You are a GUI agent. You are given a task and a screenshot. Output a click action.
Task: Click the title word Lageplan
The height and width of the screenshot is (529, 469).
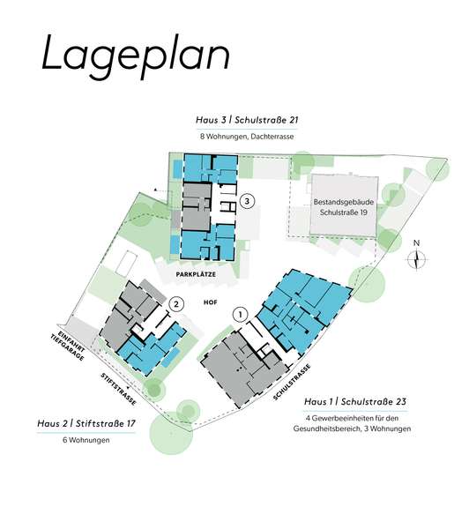(137, 56)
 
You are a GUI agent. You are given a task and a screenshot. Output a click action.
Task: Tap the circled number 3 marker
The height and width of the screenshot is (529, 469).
(248, 201)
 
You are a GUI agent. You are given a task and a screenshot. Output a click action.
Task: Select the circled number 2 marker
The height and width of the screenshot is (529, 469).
(175, 305)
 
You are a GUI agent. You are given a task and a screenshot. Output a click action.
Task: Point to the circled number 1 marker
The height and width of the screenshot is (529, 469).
(241, 315)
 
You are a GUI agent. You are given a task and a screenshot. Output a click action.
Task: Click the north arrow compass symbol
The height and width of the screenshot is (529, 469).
(417, 260)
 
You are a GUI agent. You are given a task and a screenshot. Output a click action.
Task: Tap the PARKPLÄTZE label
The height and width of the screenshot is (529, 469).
(196, 274)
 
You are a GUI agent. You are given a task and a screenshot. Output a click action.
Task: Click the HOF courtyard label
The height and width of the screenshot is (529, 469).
(210, 302)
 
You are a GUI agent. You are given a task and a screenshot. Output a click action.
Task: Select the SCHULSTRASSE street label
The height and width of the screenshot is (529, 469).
(292, 383)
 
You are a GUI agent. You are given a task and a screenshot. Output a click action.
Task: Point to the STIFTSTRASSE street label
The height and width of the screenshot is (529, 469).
(119, 389)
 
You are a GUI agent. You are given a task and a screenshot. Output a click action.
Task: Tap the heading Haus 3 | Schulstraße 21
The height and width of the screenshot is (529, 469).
(247, 120)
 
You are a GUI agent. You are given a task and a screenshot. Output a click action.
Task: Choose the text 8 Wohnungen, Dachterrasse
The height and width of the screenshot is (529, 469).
(247, 137)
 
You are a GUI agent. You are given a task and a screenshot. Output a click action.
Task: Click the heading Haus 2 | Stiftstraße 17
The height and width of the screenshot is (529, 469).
(86, 423)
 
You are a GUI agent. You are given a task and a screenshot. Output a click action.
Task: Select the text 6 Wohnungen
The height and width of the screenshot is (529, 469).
(86, 440)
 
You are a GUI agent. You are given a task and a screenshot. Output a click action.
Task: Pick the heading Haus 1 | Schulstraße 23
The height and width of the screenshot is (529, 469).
(355, 402)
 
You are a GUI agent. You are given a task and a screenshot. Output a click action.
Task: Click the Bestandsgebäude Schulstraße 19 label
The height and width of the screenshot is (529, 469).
(344, 207)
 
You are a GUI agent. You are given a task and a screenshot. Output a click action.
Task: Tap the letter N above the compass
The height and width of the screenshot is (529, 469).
(417, 243)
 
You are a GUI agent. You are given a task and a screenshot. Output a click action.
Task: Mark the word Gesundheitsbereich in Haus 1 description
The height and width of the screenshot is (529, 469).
(326, 429)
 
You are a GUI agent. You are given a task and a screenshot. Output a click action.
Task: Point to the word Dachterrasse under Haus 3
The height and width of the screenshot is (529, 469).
(272, 137)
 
